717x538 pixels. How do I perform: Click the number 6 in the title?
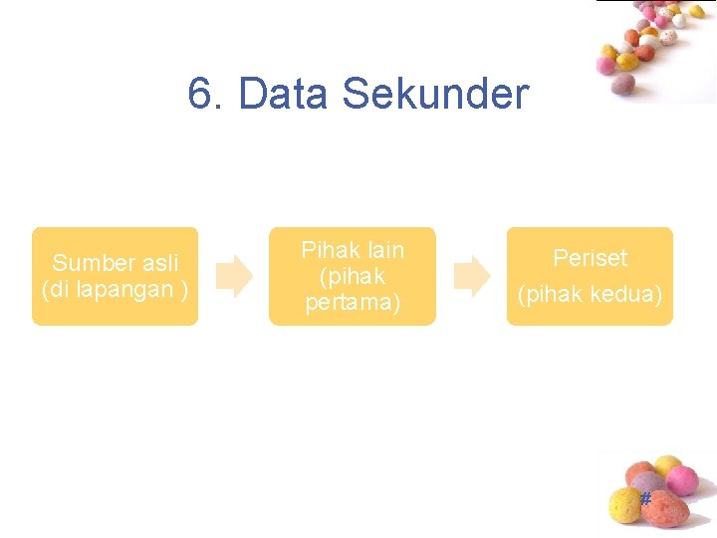point(200,95)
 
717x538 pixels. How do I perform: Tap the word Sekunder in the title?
point(435,95)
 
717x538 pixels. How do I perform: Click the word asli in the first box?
point(159,263)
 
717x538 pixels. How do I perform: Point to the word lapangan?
point(121,289)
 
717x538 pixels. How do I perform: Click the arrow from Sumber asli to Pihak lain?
point(235,276)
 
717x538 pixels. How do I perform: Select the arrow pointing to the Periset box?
point(472,276)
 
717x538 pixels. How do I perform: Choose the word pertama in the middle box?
point(353,302)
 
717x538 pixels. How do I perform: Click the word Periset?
point(590,258)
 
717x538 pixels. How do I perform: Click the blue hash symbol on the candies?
point(645,498)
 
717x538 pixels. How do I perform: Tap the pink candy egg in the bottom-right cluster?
point(683,479)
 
